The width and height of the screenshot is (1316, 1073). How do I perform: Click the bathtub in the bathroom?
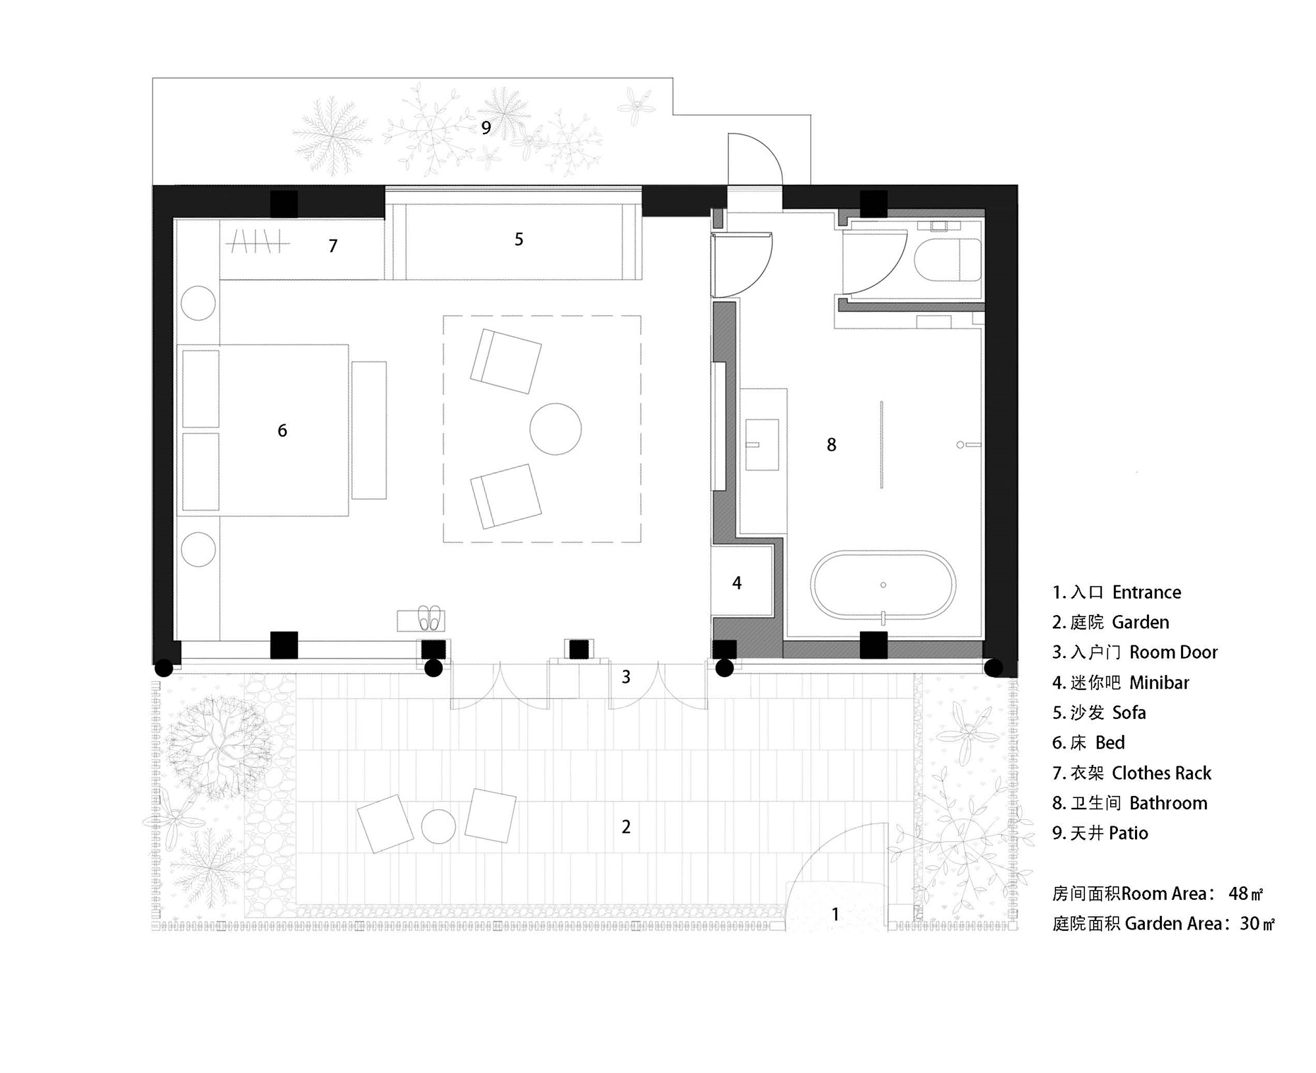(x=883, y=585)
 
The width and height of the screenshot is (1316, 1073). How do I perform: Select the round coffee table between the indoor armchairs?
(x=555, y=429)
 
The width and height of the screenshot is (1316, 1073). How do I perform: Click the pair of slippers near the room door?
(x=429, y=618)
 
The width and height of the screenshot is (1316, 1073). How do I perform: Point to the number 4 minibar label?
(x=737, y=583)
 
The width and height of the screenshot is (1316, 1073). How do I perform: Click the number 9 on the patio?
(x=486, y=128)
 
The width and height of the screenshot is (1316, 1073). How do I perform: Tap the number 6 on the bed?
(x=282, y=431)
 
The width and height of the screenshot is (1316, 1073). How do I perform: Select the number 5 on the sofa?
(x=519, y=239)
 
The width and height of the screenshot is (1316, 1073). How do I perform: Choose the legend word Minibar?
(x=1159, y=683)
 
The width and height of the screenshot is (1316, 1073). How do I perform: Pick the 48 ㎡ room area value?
(x=1244, y=893)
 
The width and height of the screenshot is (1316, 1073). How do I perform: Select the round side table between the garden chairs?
(x=438, y=826)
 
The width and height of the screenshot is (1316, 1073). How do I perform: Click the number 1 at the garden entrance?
(x=835, y=914)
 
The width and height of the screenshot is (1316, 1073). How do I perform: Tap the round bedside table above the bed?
(x=198, y=303)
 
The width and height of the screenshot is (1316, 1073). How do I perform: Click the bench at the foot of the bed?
(x=368, y=430)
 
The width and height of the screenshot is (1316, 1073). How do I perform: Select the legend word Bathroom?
(x=1168, y=803)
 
